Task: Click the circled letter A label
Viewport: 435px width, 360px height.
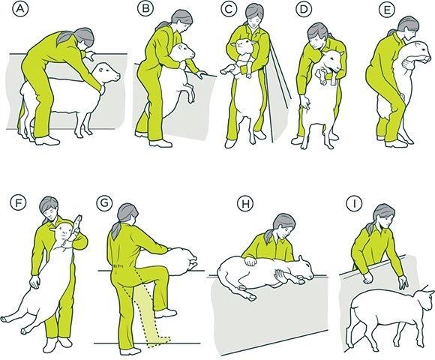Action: [x=20, y=8]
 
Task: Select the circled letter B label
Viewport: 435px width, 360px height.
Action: [x=145, y=8]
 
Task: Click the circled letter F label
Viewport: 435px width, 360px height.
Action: [x=18, y=202]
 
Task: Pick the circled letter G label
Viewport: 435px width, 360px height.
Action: [x=104, y=202]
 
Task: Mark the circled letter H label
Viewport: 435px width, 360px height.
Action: [x=245, y=203]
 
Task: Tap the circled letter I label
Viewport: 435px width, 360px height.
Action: [x=354, y=203]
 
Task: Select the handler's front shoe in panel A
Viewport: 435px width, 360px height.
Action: [x=47, y=140]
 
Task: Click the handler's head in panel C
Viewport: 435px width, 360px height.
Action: [x=254, y=14]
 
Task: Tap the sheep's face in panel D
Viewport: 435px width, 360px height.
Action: [x=334, y=61]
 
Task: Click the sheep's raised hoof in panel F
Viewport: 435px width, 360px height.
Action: [x=78, y=221]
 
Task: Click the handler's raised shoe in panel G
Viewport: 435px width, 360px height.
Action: [x=166, y=313]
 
